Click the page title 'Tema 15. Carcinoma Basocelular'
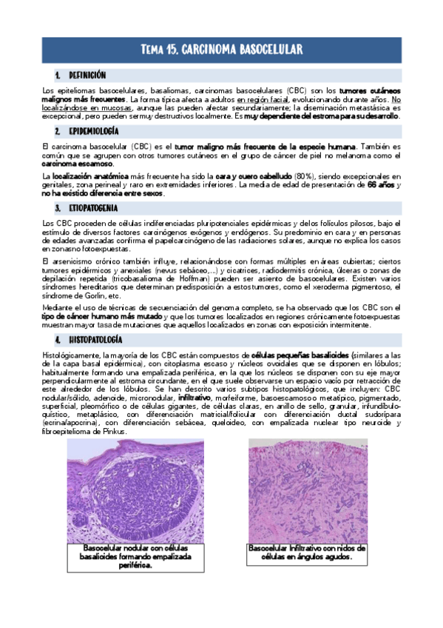(x=221, y=50)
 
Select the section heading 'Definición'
(x=87, y=76)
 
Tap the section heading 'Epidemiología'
(x=93, y=130)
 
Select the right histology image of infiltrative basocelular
(x=306, y=490)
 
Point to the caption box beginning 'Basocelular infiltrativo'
(x=306, y=552)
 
